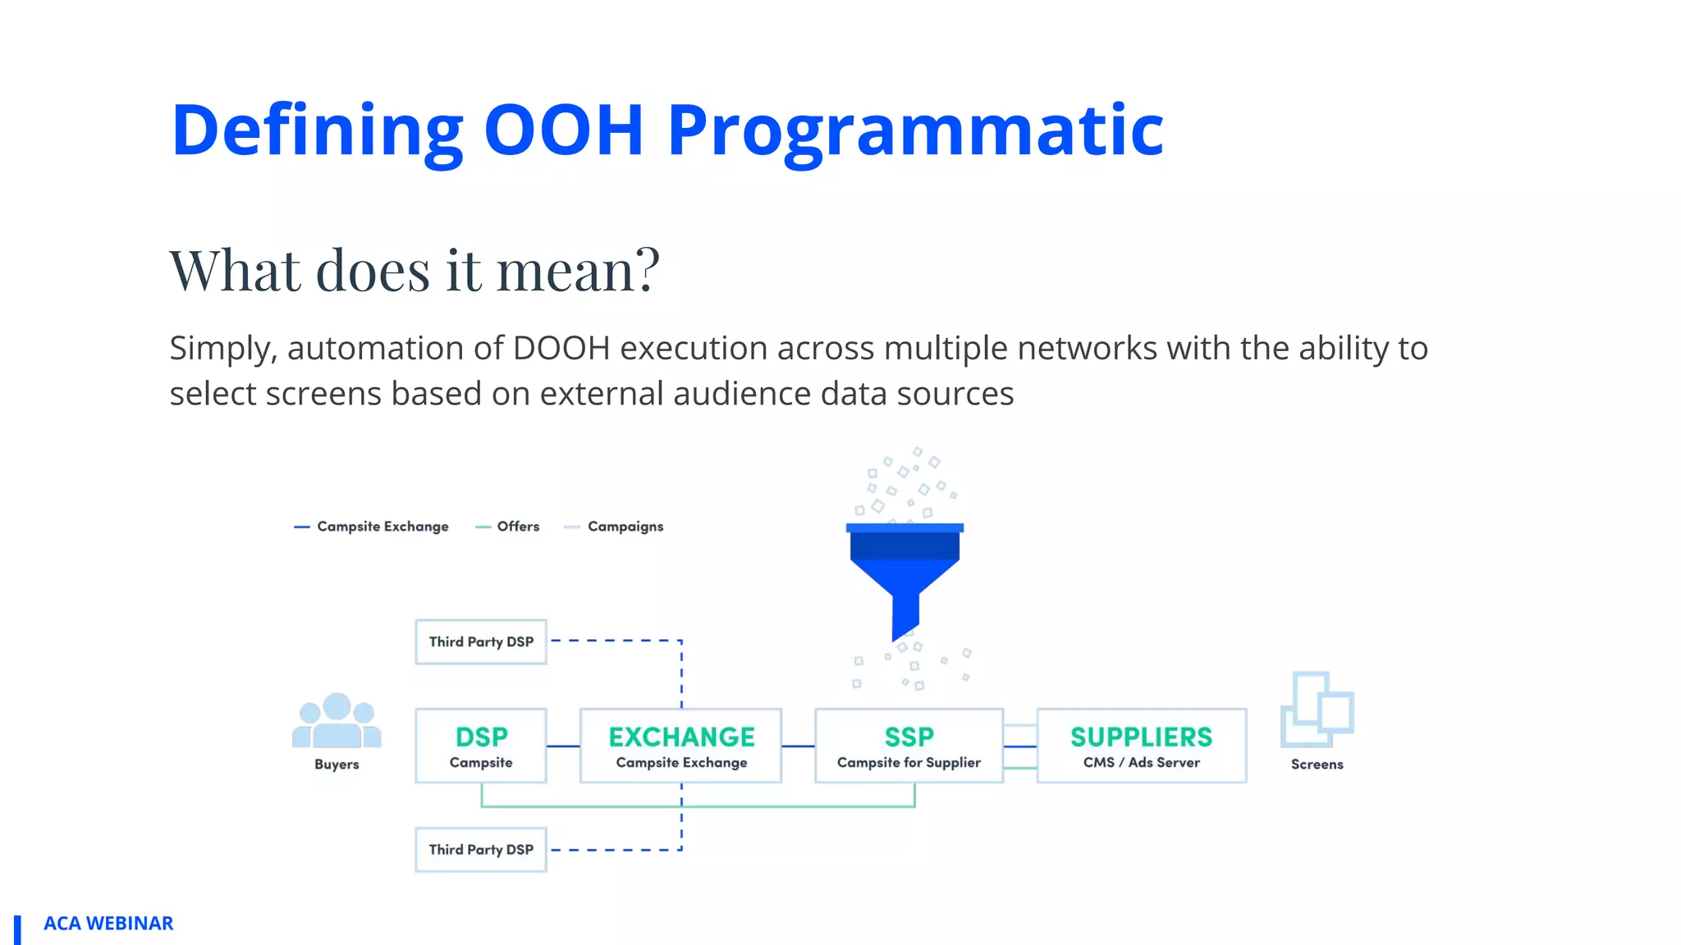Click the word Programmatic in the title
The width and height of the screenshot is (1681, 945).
pos(915,131)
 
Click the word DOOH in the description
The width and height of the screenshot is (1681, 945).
pos(561,349)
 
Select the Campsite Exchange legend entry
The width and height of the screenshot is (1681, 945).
pos(372,527)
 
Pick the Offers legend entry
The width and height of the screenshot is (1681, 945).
pos(508,527)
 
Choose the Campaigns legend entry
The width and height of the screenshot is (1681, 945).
pos(615,527)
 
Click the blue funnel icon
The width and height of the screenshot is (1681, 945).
pos(905,574)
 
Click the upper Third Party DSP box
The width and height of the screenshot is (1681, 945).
pos(481,641)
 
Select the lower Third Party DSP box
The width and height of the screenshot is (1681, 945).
pos(481,849)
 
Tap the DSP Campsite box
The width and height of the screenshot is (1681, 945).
pos(481,746)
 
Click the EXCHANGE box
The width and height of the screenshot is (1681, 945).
pos(680,746)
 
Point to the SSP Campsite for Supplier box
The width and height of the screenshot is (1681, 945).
pos(909,746)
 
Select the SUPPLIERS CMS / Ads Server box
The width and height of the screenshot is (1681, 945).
pos(1141,746)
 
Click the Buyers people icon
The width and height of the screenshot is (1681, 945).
pos(337,722)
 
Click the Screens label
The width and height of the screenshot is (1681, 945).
pos(1317,765)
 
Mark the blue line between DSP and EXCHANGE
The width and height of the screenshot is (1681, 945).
pos(563,746)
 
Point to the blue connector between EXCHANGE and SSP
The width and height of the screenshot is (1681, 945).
pos(798,746)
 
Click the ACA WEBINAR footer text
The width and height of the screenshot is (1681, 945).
pos(108,924)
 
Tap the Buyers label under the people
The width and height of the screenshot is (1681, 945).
pos(337,765)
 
